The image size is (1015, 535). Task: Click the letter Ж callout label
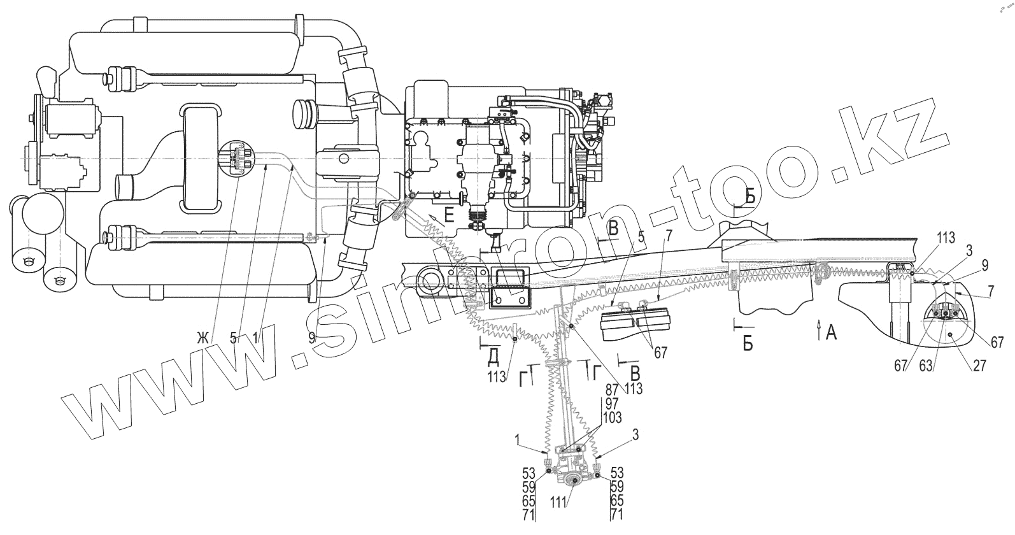(x=202, y=338)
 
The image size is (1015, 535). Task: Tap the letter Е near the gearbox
(x=449, y=216)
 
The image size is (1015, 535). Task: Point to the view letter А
(x=831, y=332)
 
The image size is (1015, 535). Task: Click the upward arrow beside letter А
(x=818, y=329)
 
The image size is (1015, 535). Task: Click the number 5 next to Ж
(x=234, y=338)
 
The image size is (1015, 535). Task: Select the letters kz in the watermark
(x=891, y=137)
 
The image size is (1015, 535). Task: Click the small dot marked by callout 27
(x=949, y=334)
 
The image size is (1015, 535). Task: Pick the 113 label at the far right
(x=945, y=239)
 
